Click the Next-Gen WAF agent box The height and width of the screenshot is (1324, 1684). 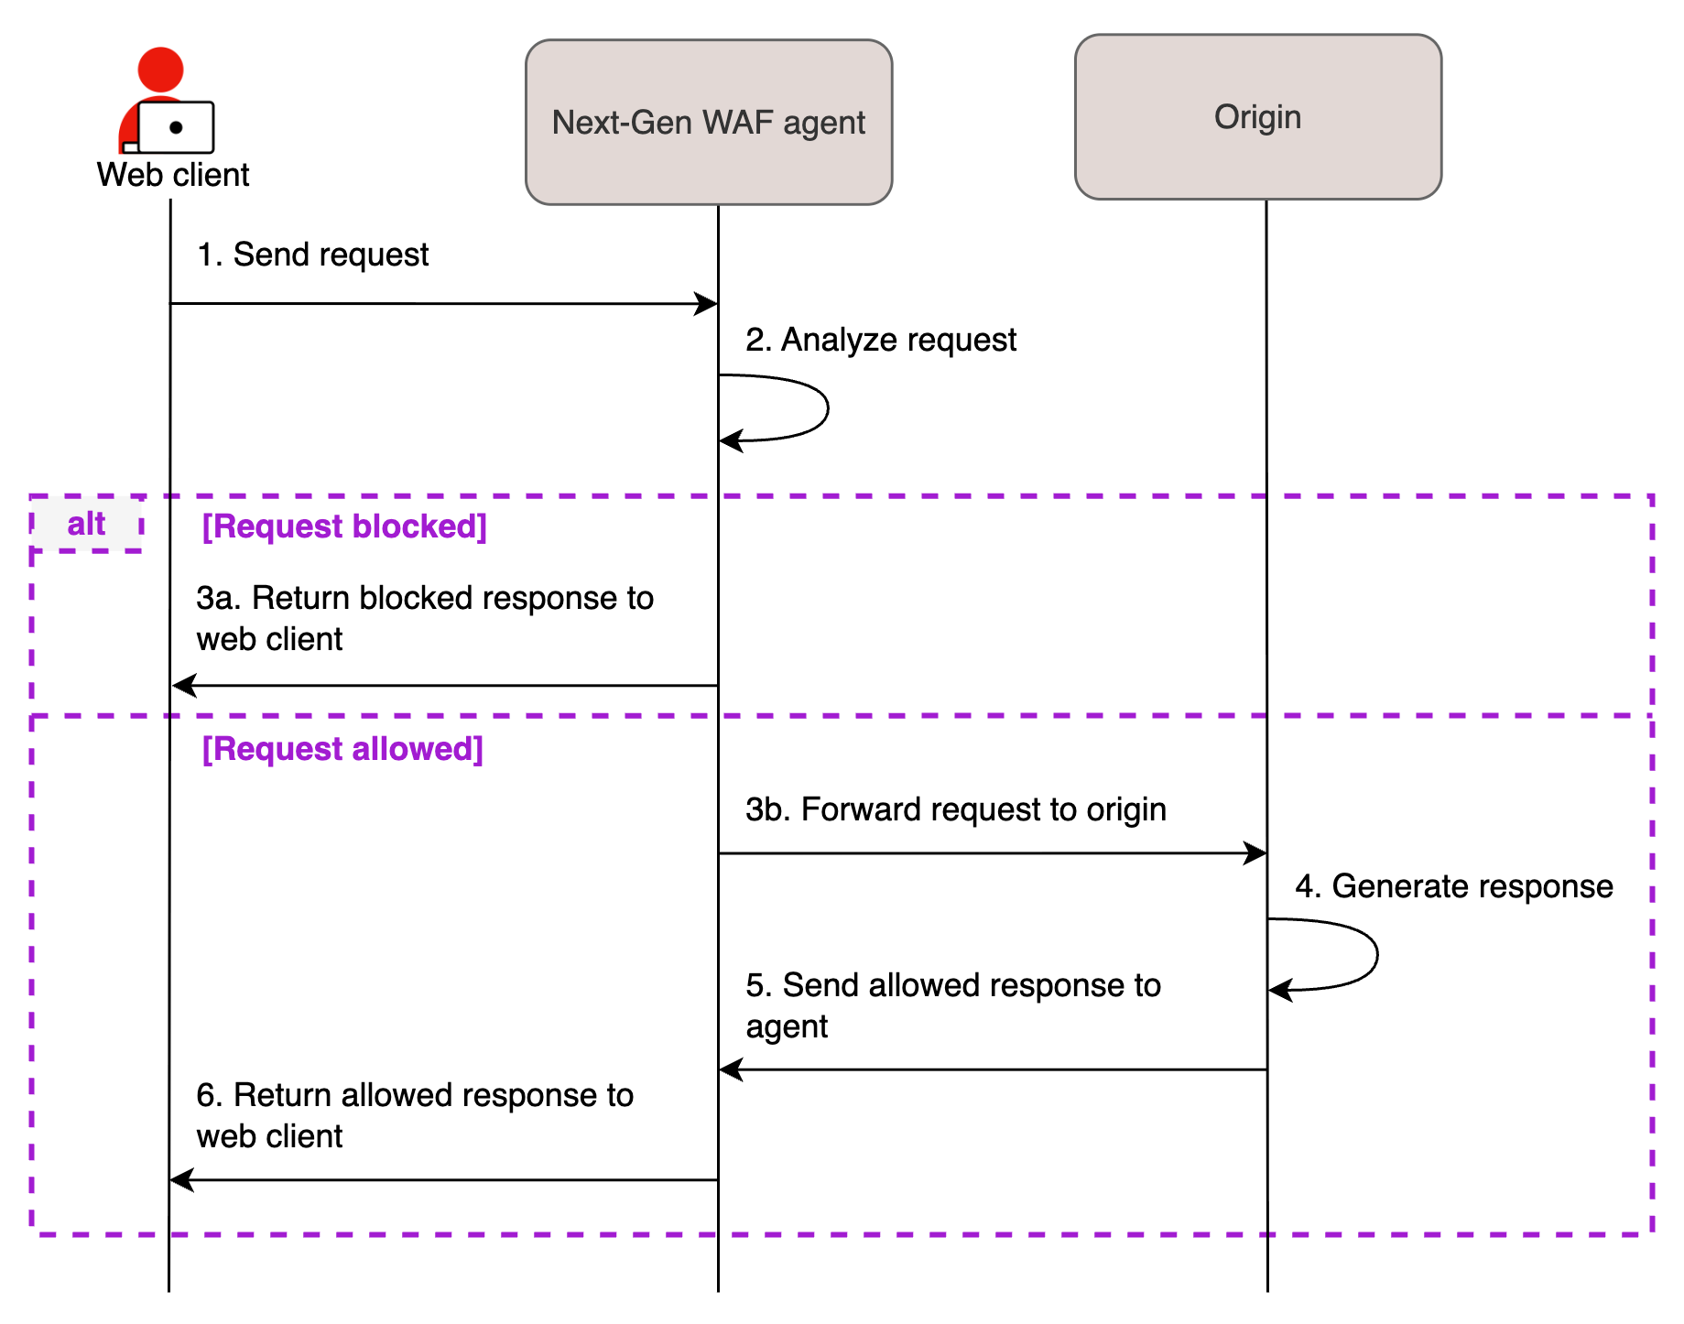(708, 122)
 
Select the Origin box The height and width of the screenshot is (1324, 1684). (1257, 117)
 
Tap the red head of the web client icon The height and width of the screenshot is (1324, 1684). (160, 70)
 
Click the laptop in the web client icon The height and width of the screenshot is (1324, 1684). (176, 127)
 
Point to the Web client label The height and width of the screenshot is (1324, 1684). (173, 175)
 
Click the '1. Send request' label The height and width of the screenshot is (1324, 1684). (313, 255)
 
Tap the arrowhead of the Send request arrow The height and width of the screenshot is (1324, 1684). (707, 304)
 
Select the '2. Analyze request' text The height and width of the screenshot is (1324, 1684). (880, 340)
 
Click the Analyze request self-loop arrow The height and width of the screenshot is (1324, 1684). (826, 407)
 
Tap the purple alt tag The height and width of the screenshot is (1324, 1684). (86, 525)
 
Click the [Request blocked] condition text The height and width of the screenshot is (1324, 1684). (344, 526)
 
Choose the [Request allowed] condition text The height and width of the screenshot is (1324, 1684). (342, 749)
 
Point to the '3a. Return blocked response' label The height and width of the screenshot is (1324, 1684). (424, 618)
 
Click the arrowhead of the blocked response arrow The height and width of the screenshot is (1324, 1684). (183, 685)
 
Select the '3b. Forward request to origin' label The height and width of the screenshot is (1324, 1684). (955, 809)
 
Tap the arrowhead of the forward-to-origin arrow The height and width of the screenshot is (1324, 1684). (1256, 853)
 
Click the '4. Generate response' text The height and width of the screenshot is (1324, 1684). (1453, 886)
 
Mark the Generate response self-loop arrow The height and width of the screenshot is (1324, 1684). (1374, 955)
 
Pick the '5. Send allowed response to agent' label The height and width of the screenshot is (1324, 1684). (952, 1005)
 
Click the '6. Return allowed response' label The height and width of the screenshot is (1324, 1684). (414, 1115)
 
